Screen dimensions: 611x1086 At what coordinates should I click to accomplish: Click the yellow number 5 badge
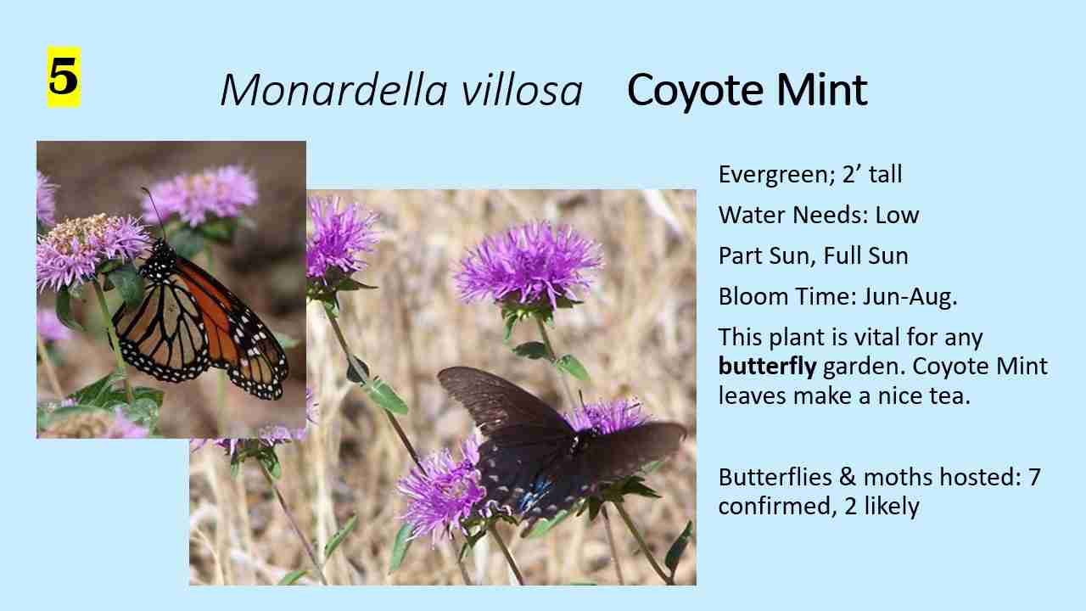coord(63,77)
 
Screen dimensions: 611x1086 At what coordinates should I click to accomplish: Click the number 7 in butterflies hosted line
coord(1034,478)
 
